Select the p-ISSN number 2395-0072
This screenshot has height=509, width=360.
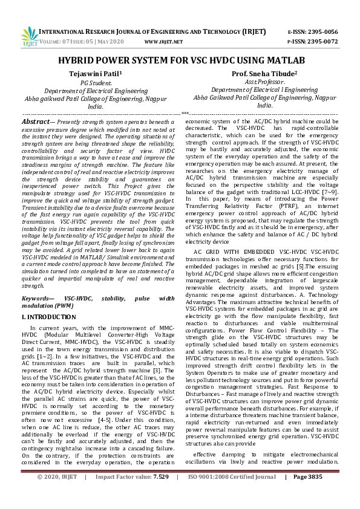(322, 41)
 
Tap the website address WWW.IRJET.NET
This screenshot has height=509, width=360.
(163, 42)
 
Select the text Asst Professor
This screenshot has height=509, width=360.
(264, 82)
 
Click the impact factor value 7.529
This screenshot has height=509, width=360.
(161, 494)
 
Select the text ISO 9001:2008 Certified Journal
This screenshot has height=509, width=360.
(232, 494)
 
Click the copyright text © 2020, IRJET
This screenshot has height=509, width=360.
(57, 494)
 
